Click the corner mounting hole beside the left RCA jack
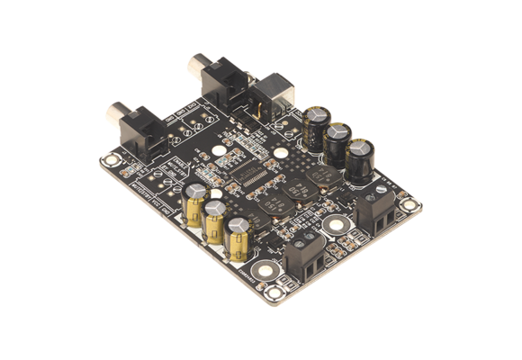(x=111, y=162)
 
